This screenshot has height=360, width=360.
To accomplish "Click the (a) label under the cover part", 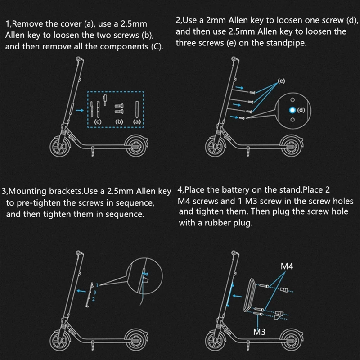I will pos(137,121).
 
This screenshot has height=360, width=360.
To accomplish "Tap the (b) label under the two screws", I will pos(119,121).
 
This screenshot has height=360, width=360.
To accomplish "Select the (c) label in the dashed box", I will pos(98,121).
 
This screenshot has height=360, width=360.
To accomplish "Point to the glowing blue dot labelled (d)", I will pos(292,110).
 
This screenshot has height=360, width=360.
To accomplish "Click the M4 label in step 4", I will pos(288,266).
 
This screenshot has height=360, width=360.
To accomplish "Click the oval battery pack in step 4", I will pos(249,295).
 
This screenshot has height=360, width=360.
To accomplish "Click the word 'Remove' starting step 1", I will pos(30,23).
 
